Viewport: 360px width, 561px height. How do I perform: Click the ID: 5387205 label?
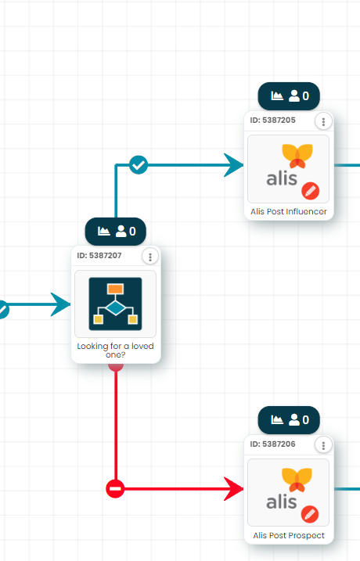tap(272, 120)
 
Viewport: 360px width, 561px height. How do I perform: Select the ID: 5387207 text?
tap(99, 255)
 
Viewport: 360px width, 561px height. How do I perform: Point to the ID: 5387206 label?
tap(272, 444)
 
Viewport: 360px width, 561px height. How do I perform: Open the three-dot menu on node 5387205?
tap(323, 121)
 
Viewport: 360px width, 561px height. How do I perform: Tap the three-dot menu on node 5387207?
tap(150, 257)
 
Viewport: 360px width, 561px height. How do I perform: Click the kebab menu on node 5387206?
tap(323, 445)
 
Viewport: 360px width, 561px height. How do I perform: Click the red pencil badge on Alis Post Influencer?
tap(310, 191)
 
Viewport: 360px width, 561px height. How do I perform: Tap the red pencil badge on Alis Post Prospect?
tap(310, 515)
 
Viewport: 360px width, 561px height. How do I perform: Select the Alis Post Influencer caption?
tap(289, 211)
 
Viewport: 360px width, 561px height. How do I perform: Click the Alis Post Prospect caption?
tap(289, 535)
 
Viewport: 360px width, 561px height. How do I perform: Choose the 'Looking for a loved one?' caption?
tap(115, 351)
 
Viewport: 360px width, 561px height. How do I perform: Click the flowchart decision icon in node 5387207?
tap(115, 304)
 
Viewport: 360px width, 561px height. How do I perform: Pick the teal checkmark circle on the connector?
tap(139, 165)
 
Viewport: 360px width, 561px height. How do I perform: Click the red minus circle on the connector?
tap(115, 489)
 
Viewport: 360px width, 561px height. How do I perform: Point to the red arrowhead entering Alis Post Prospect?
tap(234, 489)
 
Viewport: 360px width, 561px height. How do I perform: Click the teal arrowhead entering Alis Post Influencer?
tap(234, 165)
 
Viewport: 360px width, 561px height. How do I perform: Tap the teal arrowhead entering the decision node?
tap(60, 304)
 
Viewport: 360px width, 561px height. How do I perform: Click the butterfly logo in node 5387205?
tap(297, 156)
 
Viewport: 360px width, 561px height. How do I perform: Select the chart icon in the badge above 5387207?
tap(104, 231)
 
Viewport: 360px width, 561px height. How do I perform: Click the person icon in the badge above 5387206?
tap(294, 419)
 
